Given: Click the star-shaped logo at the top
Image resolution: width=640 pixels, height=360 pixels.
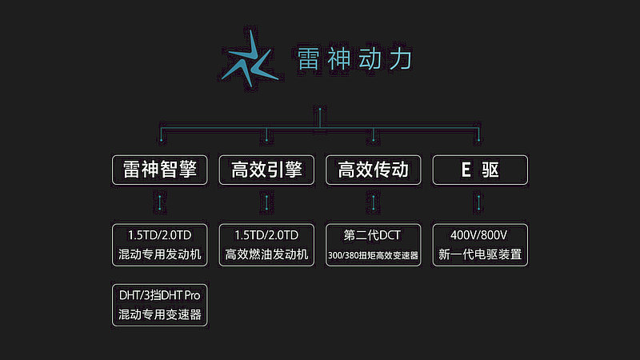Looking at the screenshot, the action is point(249,59).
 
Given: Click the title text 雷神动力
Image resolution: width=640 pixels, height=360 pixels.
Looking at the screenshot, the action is point(354,58).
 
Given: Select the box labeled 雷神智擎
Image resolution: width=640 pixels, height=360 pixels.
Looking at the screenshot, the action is point(159,170).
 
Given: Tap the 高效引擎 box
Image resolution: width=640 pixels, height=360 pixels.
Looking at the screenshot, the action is point(266,170).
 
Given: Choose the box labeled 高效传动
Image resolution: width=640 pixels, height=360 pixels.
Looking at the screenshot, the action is point(373,170).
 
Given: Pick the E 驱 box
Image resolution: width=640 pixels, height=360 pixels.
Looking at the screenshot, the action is point(480,170).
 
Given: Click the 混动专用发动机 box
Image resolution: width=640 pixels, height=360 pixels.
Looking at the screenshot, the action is point(159,245).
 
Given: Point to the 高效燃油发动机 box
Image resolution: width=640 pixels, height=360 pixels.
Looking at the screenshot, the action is point(266,245).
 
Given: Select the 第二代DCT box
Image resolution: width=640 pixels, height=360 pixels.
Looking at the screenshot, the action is point(373,245).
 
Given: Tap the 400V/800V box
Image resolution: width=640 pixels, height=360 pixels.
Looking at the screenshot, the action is point(480,245).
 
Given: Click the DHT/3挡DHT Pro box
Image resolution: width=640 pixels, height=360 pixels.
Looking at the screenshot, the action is point(159,306).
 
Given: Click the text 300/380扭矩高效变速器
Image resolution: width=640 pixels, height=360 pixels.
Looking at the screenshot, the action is point(373,255).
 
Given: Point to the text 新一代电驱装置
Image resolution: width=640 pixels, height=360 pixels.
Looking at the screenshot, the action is point(480,254).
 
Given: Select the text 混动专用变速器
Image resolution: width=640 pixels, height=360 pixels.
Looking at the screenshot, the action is point(159,314).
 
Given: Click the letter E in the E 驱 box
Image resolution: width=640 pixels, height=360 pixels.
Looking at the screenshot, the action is point(466,170).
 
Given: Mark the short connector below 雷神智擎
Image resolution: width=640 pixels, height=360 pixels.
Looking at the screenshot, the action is point(159,203).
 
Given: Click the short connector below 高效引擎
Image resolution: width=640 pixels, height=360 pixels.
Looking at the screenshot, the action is point(266,203).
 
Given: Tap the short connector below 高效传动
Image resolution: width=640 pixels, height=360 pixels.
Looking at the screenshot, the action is point(373,203).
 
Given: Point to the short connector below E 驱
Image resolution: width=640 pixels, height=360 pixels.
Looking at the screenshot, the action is point(478,203).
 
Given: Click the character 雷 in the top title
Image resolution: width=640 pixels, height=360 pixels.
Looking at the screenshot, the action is point(308,58).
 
